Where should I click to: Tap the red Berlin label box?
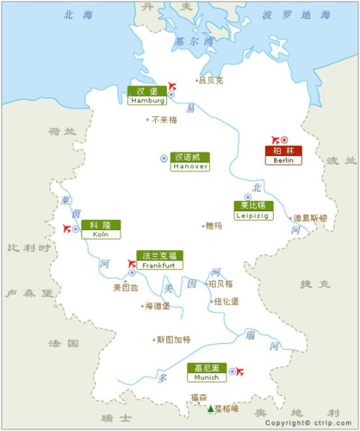coord(283,155)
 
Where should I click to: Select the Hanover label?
coord(190,161)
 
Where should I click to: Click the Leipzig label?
coord(253,210)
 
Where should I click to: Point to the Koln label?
coord(101,228)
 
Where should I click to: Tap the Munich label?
coord(207,372)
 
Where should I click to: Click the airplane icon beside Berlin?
coord(276,139)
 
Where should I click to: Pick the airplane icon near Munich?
coord(239,372)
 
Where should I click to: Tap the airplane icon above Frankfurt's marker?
coord(132,263)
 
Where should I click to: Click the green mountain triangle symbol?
coord(209,409)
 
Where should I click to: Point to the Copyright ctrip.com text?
coord(310,424)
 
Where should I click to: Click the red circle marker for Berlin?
coord(285,140)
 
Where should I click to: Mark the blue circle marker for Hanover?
coord(164,158)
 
